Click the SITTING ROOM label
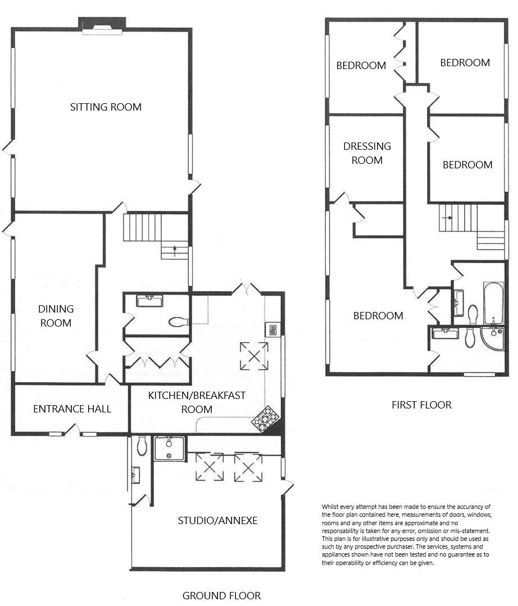106,107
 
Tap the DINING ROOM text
56,316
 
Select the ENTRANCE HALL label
72,408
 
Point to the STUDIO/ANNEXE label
217,520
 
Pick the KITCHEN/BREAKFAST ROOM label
197,402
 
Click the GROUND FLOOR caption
221,595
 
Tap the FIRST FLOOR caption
421,405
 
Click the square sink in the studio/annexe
169,448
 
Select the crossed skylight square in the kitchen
254,356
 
